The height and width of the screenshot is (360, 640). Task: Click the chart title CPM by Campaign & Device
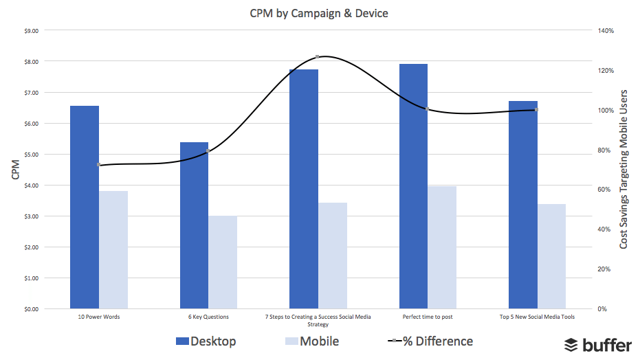coord(319,13)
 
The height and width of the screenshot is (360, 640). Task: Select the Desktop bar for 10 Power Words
coord(85,207)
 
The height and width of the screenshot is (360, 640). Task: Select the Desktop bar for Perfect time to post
coord(413,186)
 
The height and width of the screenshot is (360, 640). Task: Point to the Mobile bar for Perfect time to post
coord(442,247)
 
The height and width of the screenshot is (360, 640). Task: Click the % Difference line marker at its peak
coord(317,57)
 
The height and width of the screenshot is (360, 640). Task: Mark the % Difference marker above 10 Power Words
coord(99,165)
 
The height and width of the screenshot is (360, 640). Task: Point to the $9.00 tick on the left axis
coord(30,31)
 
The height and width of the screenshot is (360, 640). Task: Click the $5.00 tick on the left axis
coord(30,155)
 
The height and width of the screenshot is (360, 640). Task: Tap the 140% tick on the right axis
coord(605,31)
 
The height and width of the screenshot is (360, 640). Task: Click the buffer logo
coord(597,345)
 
